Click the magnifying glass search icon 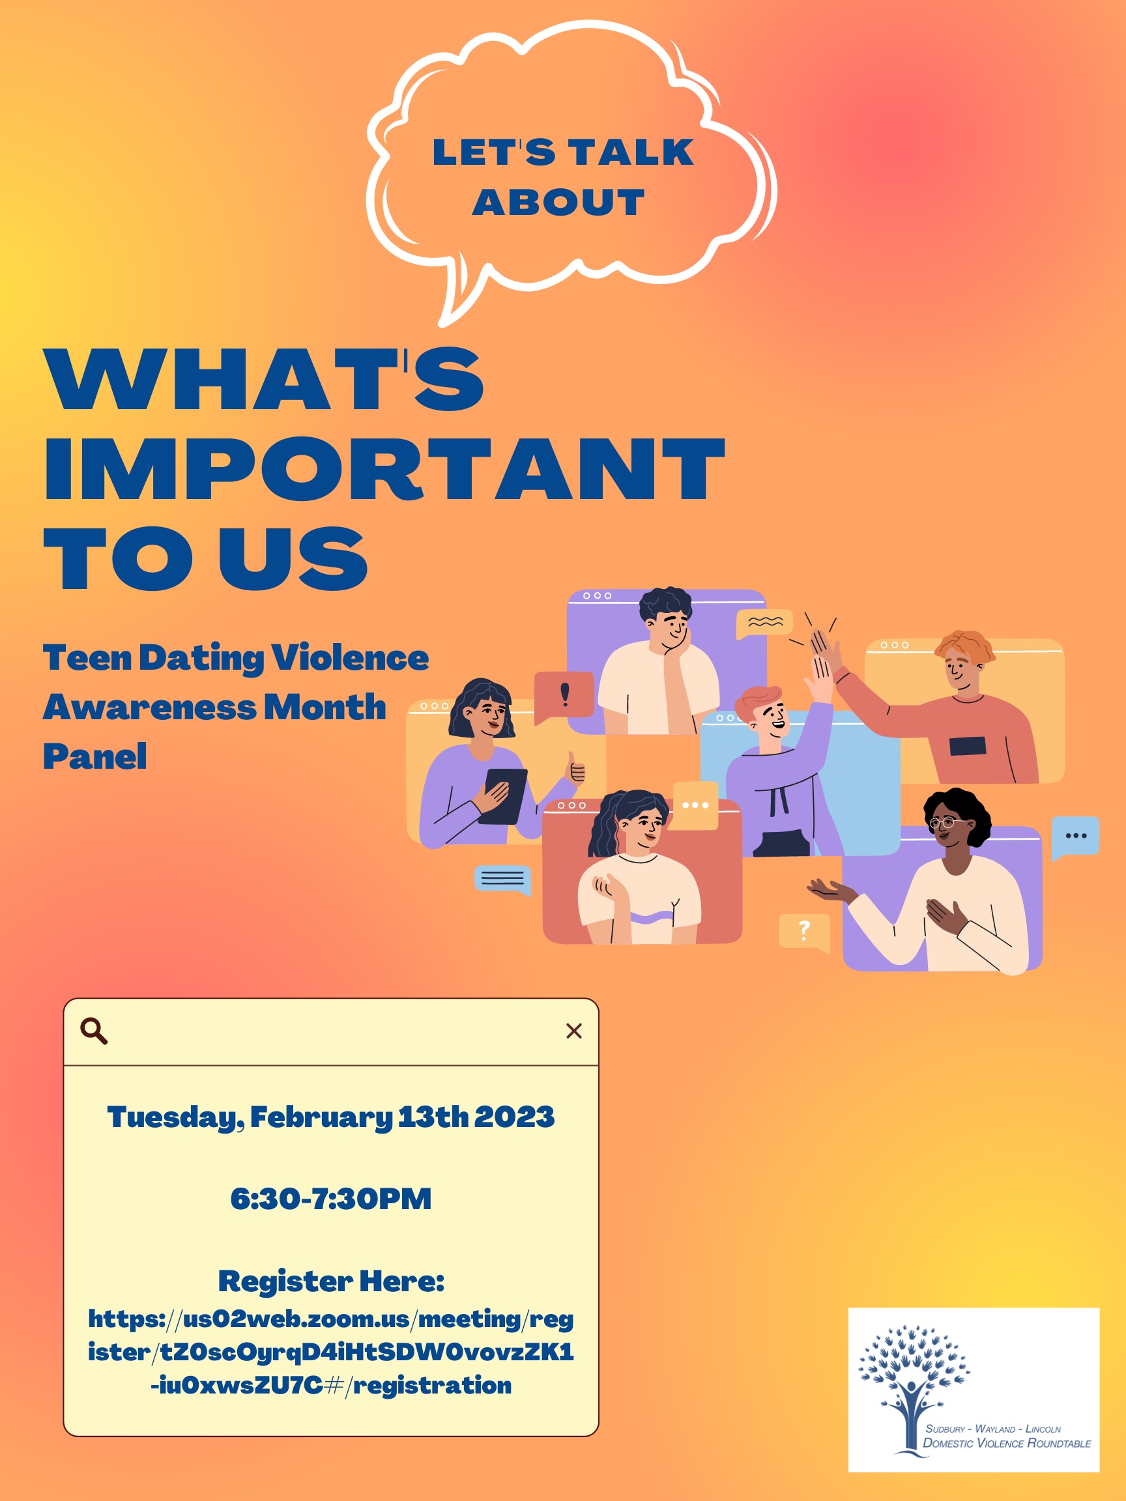(x=94, y=1031)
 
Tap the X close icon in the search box (x=573, y=1031)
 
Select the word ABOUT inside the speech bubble (x=558, y=202)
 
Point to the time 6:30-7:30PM (x=330, y=1198)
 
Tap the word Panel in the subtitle (x=95, y=756)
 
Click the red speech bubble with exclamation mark (x=564, y=696)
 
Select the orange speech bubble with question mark (x=804, y=930)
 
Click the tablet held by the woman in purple (x=503, y=795)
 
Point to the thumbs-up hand (x=575, y=769)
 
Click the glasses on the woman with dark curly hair (x=942, y=823)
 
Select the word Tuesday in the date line (x=174, y=1117)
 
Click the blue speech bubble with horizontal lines (x=502, y=879)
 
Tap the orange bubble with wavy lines (x=765, y=622)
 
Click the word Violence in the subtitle (x=349, y=657)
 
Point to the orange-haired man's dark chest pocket (x=967, y=746)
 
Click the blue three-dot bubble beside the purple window (x=1075, y=836)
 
